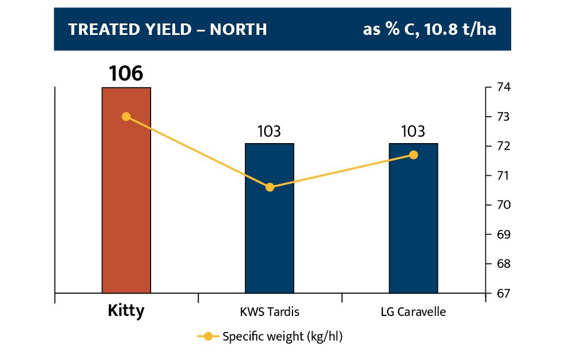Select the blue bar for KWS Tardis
pyautogui.click(x=270, y=240)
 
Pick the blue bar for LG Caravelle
pyautogui.click(x=413, y=240)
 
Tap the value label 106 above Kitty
pyautogui.click(x=127, y=74)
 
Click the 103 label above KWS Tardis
pyautogui.click(x=270, y=131)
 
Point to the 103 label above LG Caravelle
pyautogui.click(x=413, y=131)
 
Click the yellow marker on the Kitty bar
pyautogui.click(x=127, y=117)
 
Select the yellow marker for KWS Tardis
pyautogui.click(x=270, y=187)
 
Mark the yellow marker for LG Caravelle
pyautogui.click(x=414, y=155)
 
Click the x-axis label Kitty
pyautogui.click(x=126, y=311)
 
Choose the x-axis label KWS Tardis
pyautogui.click(x=270, y=312)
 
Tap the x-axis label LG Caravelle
pyautogui.click(x=413, y=312)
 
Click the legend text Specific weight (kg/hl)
pyautogui.click(x=282, y=337)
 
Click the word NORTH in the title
pyautogui.click(x=239, y=30)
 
